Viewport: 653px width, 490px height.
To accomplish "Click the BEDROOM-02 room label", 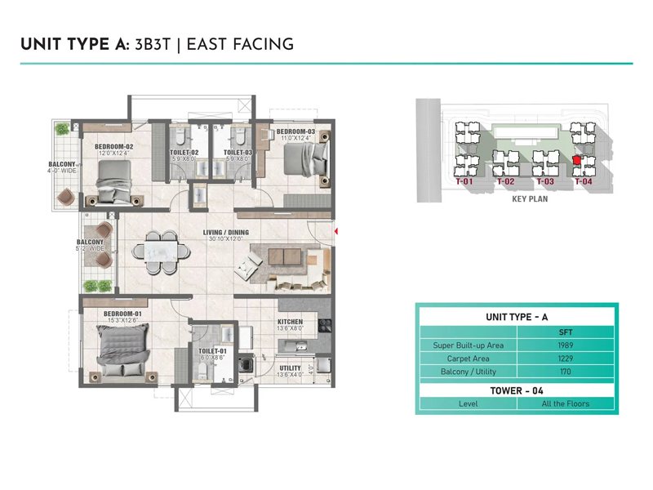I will (x=113, y=147).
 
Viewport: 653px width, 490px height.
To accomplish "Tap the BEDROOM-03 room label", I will (x=295, y=131).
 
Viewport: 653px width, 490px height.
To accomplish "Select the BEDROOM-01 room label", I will (x=122, y=314).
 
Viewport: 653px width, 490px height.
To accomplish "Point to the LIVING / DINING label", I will (x=226, y=233).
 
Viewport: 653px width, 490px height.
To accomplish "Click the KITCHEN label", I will (x=290, y=322).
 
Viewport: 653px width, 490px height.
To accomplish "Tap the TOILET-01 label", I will (x=212, y=350).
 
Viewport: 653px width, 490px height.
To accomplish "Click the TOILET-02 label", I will (x=184, y=153).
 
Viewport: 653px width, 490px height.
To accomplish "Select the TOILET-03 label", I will (x=238, y=153).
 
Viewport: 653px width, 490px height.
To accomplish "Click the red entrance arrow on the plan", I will (x=336, y=232).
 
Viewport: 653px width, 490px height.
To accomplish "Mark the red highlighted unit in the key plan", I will (x=578, y=161).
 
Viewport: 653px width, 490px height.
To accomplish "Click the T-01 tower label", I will (x=464, y=182).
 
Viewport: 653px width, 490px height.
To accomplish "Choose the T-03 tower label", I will (x=544, y=182).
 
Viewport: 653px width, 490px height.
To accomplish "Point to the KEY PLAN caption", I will (x=530, y=198).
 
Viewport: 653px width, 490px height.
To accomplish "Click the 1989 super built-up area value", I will (x=566, y=345).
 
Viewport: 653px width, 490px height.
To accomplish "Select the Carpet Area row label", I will (x=468, y=359).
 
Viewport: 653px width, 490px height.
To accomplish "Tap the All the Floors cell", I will (x=566, y=403).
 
